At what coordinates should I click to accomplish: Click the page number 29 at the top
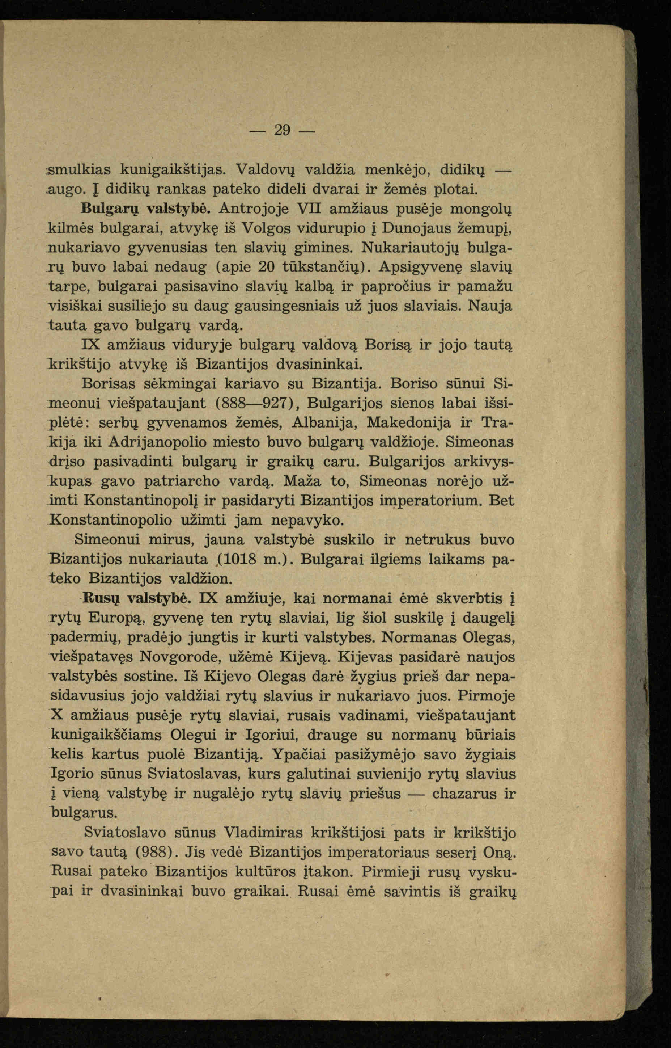pyautogui.click(x=283, y=130)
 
